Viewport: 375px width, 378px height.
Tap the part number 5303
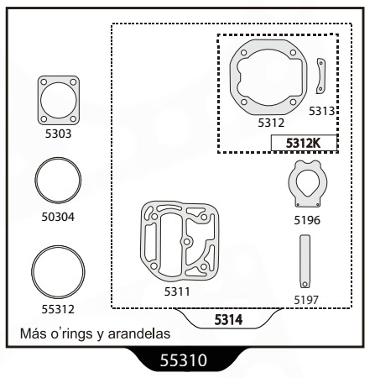click(x=59, y=134)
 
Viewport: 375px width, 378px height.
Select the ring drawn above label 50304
click(x=36, y=180)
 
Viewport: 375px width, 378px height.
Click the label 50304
click(x=58, y=217)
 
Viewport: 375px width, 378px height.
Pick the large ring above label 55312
click(x=33, y=272)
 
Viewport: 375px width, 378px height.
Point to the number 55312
click(x=58, y=309)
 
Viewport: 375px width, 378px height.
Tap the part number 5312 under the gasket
click(x=271, y=123)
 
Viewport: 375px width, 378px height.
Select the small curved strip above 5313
click(x=322, y=76)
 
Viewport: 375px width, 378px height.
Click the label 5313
click(x=321, y=111)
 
